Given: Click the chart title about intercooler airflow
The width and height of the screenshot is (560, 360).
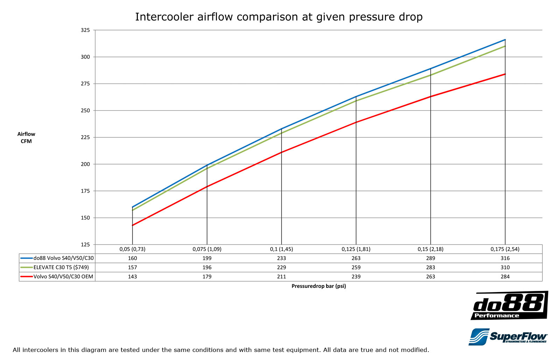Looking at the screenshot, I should (279, 17).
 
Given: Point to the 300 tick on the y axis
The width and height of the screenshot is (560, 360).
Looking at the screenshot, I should (85, 57).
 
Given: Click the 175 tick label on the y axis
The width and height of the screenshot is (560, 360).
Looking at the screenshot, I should (85, 191).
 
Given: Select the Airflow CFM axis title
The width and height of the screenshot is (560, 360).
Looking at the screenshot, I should (26, 138).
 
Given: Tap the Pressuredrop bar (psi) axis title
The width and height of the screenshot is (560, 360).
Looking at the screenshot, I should (318, 286).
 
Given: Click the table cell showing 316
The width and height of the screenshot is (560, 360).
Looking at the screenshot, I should (505, 258).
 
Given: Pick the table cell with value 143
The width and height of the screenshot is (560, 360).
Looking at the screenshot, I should (132, 276).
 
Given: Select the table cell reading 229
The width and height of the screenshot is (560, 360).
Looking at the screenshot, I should (281, 267).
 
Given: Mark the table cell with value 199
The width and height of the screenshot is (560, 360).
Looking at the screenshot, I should (207, 258).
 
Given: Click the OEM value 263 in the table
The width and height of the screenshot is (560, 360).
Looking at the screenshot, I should (430, 276).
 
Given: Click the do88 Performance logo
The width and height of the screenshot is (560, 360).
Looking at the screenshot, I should (509, 305).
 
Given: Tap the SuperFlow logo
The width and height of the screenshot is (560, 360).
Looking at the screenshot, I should (508, 337).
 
